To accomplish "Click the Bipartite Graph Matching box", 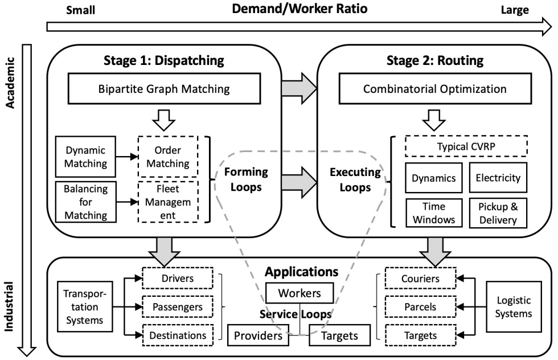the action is pos(164,89).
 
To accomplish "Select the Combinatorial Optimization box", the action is pos(435,89).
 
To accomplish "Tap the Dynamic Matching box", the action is pos(85,157).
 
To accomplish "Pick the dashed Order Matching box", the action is pos(168,157).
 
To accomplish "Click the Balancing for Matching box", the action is pos(86,202).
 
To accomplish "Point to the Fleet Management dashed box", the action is pos(168,202).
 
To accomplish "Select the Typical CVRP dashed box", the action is pos(466,146).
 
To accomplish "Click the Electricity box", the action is pos(498,178).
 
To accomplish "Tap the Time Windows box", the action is pos(434,213).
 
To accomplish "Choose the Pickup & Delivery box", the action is pos(498,213).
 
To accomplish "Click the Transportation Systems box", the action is pos(85,306).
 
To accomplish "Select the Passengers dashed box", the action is pos(178,306).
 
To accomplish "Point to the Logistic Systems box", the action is pos(514,306).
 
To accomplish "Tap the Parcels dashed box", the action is pos(420,306).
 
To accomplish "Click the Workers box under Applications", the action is pos(299,293).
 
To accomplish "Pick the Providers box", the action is pos(258,336).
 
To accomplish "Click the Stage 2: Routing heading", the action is pos(435,60).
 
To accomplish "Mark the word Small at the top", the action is pos(80,10).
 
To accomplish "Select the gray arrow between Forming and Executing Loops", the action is pos(299,182).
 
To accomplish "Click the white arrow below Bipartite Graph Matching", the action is pos(164,120).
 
